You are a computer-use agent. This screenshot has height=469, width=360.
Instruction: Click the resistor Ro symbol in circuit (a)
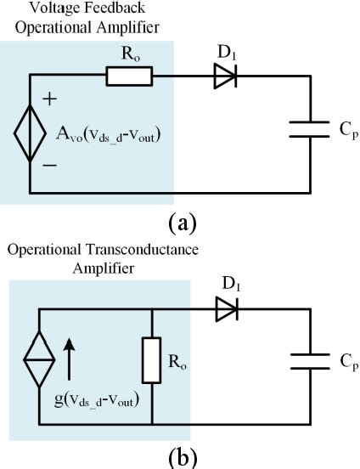pos(129,78)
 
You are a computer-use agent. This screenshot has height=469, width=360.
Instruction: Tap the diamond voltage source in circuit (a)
pos(31,133)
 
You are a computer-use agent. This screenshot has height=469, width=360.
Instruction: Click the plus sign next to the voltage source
pos(49,99)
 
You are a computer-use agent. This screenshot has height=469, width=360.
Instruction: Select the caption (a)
pos(182,223)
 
